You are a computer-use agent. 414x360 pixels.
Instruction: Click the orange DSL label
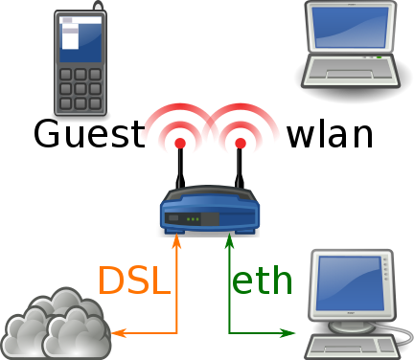pyautogui.click(x=133, y=280)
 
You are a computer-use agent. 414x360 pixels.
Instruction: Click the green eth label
pyautogui.click(x=262, y=280)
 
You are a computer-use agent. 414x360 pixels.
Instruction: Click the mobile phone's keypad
pyautogui.click(x=80, y=88)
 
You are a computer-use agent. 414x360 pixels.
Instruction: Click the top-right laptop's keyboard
pyautogui.click(x=350, y=69)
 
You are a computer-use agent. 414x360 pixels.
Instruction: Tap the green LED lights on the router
pyautogui.click(x=194, y=219)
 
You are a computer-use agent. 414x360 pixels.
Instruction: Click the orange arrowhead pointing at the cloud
pyautogui.click(x=117, y=333)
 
